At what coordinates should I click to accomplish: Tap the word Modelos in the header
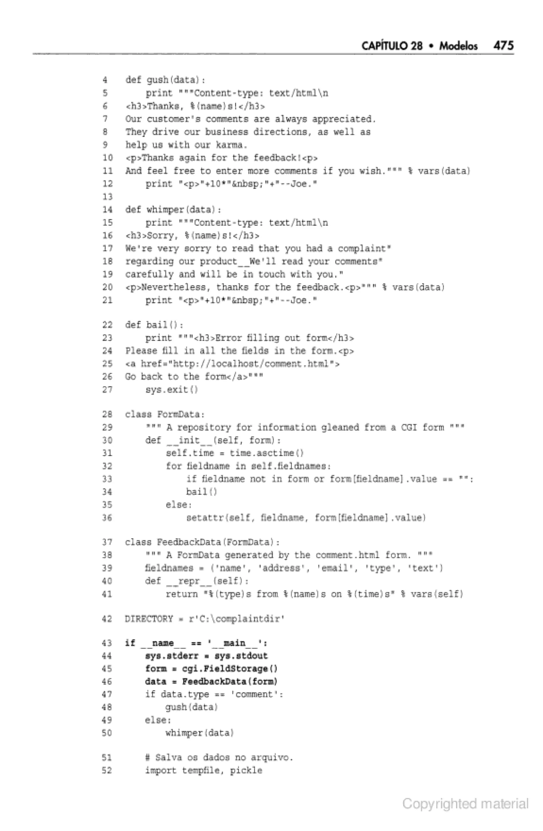458,46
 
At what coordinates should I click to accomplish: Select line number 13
107,197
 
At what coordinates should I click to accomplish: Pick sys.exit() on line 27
172,390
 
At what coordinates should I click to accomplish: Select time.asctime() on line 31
266,453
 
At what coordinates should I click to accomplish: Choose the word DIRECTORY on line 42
149,619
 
